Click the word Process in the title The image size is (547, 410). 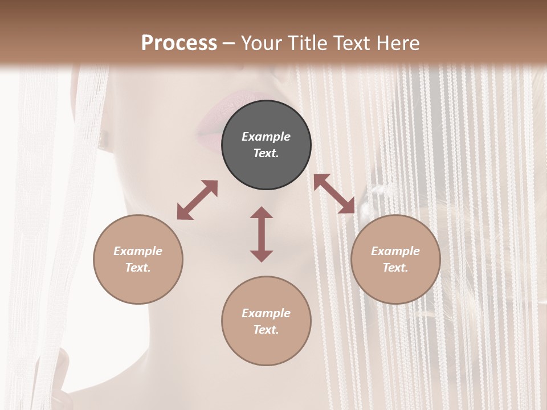pyautogui.click(x=179, y=43)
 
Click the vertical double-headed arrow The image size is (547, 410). pyautogui.click(x=262, y=234)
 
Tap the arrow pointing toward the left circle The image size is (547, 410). pyautogui.click(x=197, y=200)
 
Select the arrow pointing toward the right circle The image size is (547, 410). pyautogui.click(x=334, y=194)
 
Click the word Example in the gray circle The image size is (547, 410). pyautogui.click(x=266, y=137)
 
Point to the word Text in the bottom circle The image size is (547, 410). pyautogui.click(x=266, y=330)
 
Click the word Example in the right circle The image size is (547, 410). pyautogui.click(x=395, y=251)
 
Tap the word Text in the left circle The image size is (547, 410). pyautogui.click(x=138, y=268)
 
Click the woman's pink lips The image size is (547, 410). pyautogui.click(x=225, y=117)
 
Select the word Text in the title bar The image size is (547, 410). pyautogui.click(x=353, y=43)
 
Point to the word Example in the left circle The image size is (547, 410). pyautogui.click(x=138, y=251)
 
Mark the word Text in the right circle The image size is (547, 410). pyautogui.click(x=395, y=268)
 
